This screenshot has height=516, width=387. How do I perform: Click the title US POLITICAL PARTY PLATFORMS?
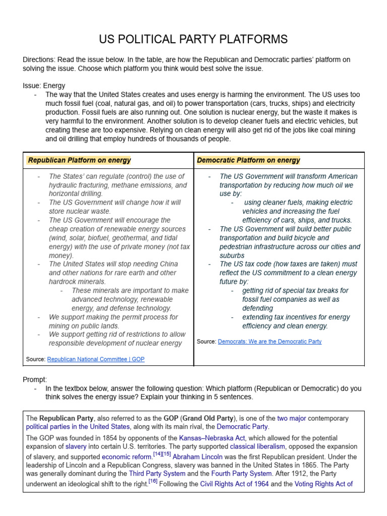[193, 39]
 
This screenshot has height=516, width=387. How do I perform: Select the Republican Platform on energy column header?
[79, 160]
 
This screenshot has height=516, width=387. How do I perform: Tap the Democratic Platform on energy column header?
[248, 160]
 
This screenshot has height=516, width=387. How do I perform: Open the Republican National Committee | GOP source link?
[95, 359]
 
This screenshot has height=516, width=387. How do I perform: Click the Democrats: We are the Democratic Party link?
[270, 341]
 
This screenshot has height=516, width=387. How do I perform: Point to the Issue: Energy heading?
[44, 86]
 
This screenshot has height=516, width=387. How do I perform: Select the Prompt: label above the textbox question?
[35, 379]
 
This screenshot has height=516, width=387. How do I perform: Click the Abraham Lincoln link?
[198, 457]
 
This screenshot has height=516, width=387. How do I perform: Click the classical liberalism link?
[257, 446]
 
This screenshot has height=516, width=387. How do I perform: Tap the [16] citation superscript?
[153, 481]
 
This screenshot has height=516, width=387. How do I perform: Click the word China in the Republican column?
[168, 264]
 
